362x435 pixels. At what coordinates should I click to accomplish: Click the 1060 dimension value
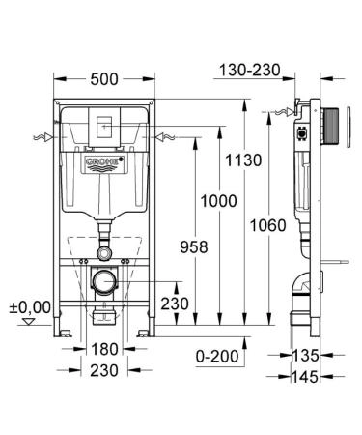point(265,225)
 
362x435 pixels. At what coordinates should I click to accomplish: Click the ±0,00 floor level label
point(30,306)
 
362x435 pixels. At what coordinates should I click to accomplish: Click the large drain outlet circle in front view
point(103,283)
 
